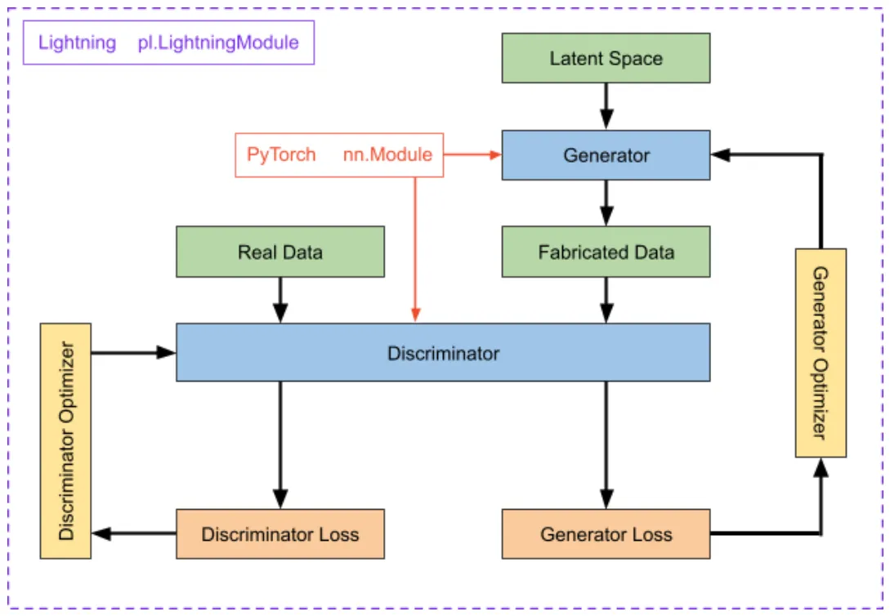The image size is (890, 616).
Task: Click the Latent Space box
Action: (x=606, y=58)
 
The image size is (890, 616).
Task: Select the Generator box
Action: (x=606, y=155)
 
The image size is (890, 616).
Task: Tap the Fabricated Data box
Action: (x=606, y=252)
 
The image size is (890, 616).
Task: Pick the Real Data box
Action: (x=280, y=252)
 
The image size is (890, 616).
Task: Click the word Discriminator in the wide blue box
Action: (x=443, y=354)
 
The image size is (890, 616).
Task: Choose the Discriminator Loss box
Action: (x=280, y=534)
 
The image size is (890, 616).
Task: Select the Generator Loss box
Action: (x=606, y=534)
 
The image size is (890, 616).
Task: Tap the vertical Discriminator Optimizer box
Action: (x=65, y=441)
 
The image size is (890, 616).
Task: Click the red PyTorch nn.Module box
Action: (x=339, y=155)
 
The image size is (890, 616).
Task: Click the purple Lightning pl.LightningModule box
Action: (x=168, y=42)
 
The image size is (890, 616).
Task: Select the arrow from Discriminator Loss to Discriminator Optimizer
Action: (x=135, y=534)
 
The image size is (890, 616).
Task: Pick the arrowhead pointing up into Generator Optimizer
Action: (x=821, y=466)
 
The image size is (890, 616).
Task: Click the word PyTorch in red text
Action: (x=281, y=155)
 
